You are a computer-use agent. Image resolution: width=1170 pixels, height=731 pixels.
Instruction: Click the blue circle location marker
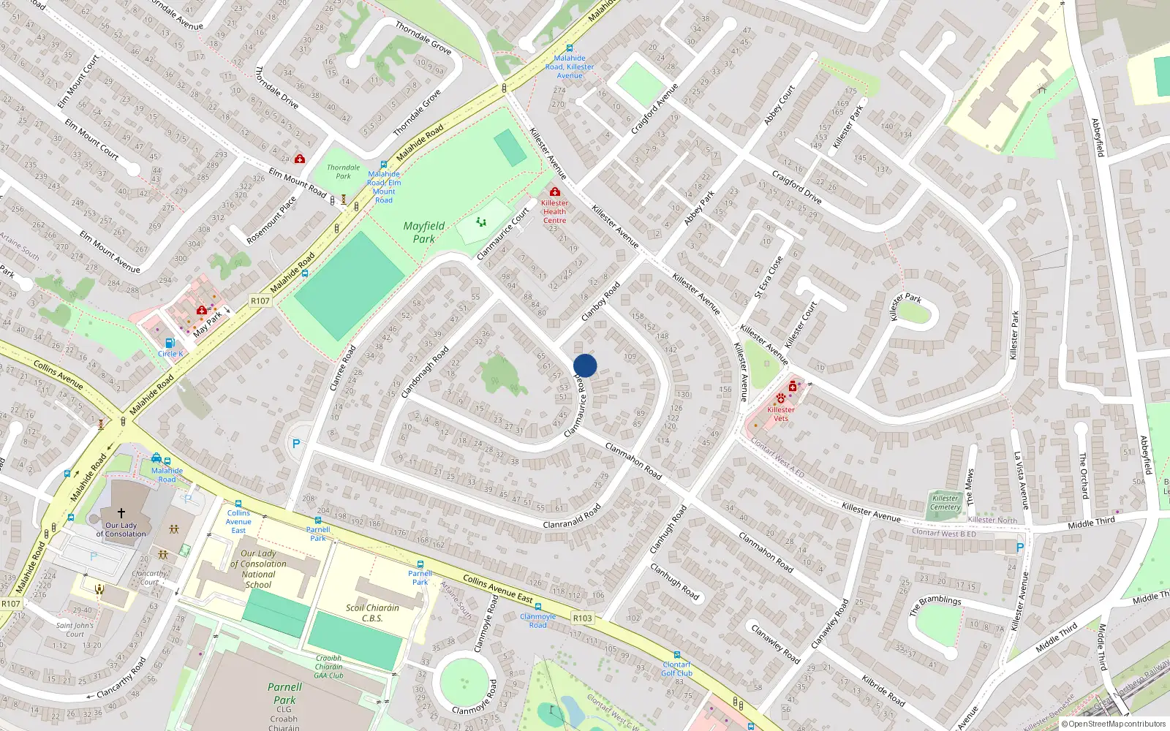point(585,365)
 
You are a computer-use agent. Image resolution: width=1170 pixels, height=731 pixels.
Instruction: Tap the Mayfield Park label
point(424,232)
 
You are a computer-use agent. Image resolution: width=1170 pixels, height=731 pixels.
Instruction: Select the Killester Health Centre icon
point(554,192)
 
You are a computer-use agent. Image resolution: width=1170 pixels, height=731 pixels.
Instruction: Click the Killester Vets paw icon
point(781,399)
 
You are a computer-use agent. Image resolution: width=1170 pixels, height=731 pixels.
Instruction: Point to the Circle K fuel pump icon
point(170,343)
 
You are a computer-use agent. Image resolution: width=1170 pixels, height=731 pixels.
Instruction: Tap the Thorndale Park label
point(343,172)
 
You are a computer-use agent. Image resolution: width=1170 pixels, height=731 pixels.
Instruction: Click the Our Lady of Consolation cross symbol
point(121,513)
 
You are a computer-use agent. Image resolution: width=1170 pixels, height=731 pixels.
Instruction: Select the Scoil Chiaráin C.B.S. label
point(372,613)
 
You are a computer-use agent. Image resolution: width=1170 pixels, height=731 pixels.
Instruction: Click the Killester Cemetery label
point(946,503)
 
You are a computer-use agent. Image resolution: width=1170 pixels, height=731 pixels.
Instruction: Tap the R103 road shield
point(582,618)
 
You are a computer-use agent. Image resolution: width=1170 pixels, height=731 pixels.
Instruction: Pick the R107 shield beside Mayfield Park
point(260,300)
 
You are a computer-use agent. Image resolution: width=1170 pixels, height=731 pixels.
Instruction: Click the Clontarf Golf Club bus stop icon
point(676,655)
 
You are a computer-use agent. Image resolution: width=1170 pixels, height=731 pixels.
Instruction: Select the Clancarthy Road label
point(121,678)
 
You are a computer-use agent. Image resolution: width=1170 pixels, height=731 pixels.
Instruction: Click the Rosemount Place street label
point(271,220)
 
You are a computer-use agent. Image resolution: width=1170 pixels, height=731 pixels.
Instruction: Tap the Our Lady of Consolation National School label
point(259,569)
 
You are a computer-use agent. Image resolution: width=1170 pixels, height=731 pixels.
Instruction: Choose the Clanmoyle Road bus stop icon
point(538,607)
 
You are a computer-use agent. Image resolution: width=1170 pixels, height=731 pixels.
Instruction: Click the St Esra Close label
point(769,277)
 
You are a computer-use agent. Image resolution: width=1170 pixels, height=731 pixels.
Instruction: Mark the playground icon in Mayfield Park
point(481,221)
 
